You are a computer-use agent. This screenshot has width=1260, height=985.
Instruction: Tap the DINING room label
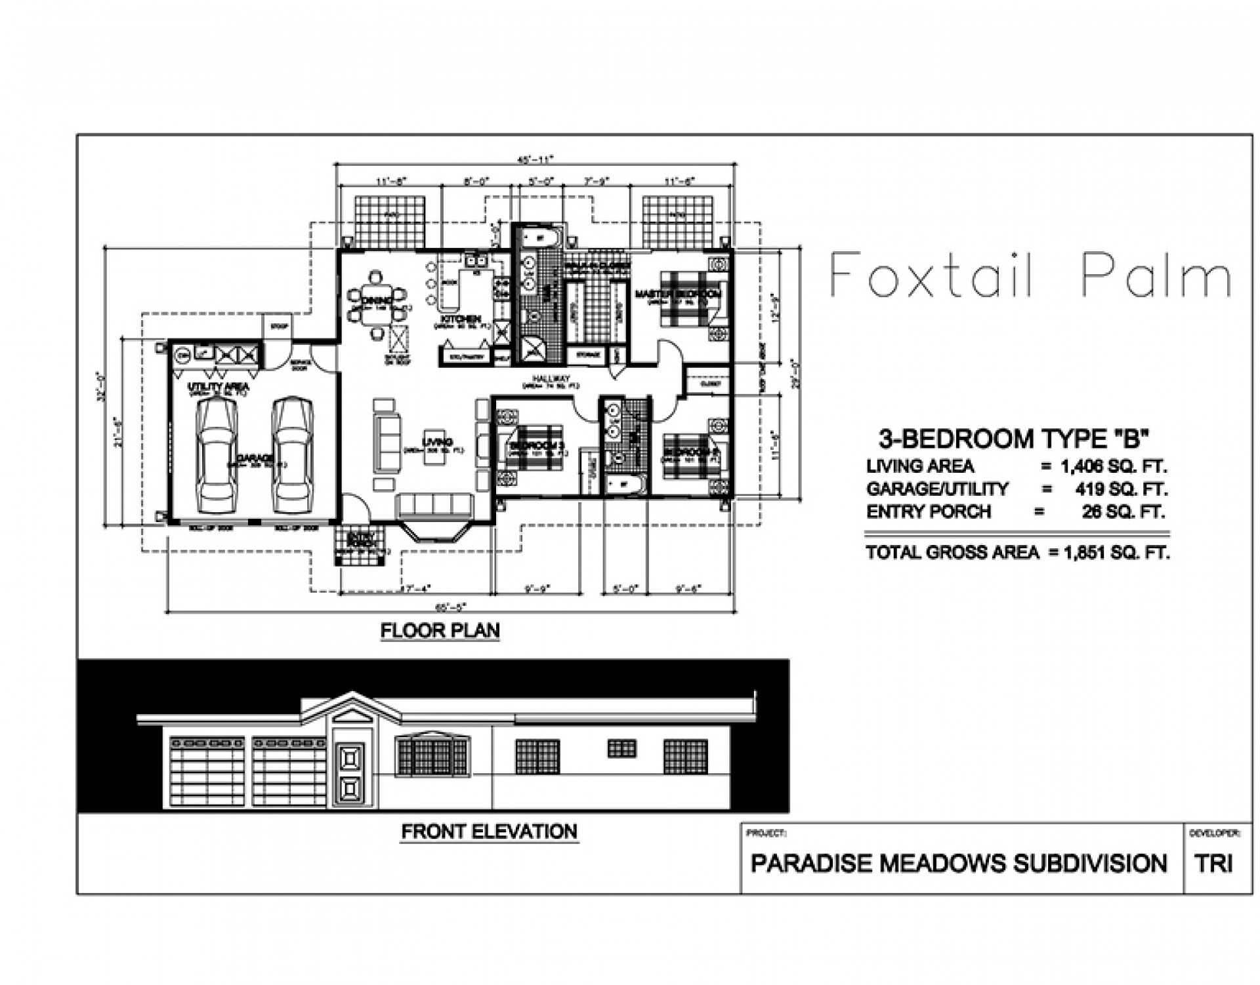pos(377,300)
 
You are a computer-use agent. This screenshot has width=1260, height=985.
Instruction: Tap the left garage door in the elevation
pos(207,771)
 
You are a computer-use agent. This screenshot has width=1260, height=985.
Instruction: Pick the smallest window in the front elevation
pos(621,748)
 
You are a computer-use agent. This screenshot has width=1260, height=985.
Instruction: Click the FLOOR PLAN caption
pos(440,631)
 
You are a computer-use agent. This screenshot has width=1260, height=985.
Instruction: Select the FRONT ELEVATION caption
pos(490,832)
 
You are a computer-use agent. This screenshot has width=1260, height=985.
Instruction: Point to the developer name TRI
pos(1213,864)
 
